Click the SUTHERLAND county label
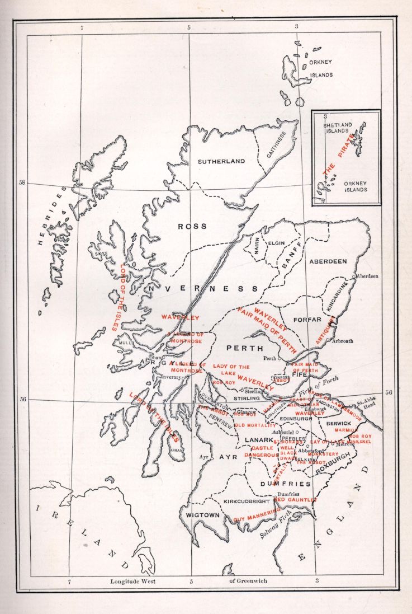click(x=221, y=161)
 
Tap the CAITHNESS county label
click(x=276, y=145)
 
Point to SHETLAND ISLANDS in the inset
click(x=338, y=128)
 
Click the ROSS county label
click(x=192, y=227)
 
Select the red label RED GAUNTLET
click(x=295, y=499)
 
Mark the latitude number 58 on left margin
click(x=21, y=183)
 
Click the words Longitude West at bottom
click(x=132, y=581)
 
